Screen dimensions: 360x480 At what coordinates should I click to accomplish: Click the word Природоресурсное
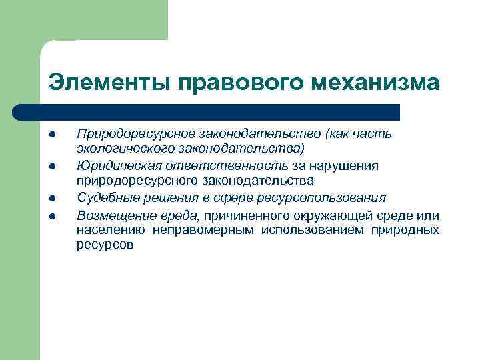(131, 134)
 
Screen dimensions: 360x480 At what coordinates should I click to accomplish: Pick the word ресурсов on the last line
(105, 245)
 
